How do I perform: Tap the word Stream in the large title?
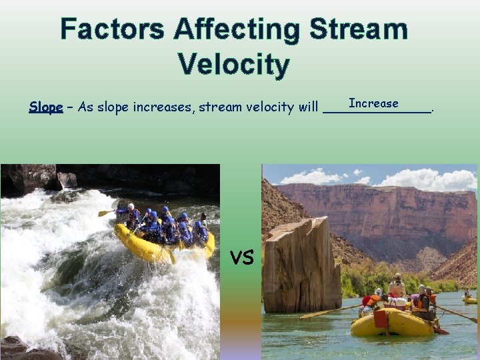[x=360, y=30]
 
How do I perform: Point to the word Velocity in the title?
[x=233, y=65]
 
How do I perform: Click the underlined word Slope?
[x=45, y=107]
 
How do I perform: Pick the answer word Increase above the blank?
[x=373, y=103]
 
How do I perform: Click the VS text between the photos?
[x=241, y=256]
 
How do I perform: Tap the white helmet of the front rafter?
[x=131, y=207]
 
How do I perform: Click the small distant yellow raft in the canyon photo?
[x=471, y=300]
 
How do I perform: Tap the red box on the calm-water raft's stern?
[x=380, y=319]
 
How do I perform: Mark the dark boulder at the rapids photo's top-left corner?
[x=27, y=179]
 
